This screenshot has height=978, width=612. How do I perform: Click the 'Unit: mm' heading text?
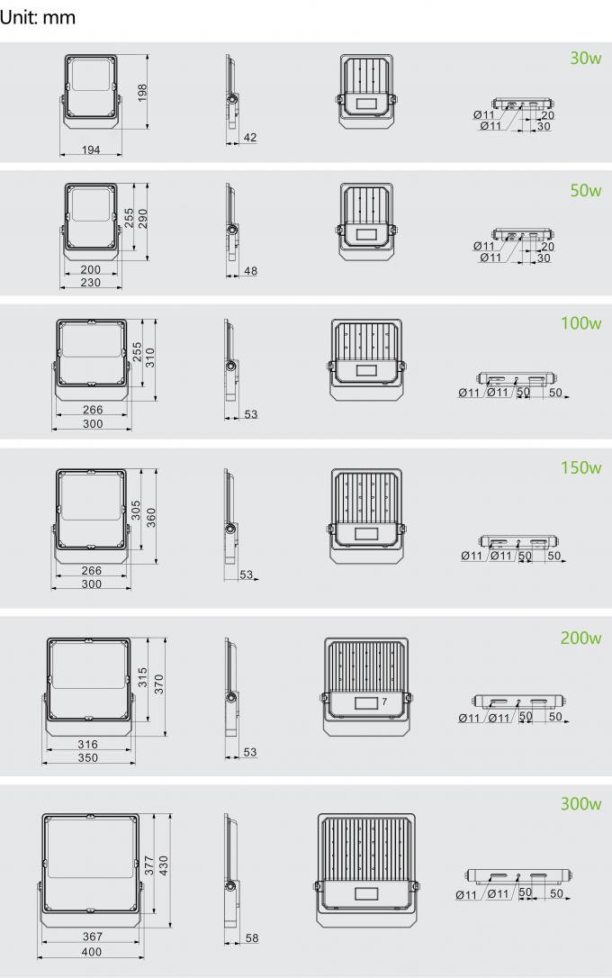coord(38,17)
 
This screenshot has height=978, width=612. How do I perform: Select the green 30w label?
coord(585,59)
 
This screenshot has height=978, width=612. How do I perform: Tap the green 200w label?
coord(580,638)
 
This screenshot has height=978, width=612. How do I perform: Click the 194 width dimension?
coord(92,149)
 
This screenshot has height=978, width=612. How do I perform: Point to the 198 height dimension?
coord(142,93)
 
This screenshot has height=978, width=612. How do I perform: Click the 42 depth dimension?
coord(250,138)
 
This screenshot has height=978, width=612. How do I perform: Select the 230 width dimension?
coord(91,283)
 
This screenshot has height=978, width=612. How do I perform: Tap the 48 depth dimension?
coord(250,271)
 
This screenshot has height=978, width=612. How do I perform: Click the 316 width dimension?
coord(88,745)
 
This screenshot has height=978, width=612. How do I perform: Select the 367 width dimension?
coord(92,937)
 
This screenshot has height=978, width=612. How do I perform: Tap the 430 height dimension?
coord(164,865)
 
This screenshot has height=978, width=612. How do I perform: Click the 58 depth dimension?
coord(251,939)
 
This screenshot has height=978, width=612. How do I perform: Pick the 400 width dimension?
coord(92,952)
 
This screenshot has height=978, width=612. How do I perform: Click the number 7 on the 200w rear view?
coord(384,701)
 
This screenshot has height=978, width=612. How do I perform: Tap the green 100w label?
coord(580,323)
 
